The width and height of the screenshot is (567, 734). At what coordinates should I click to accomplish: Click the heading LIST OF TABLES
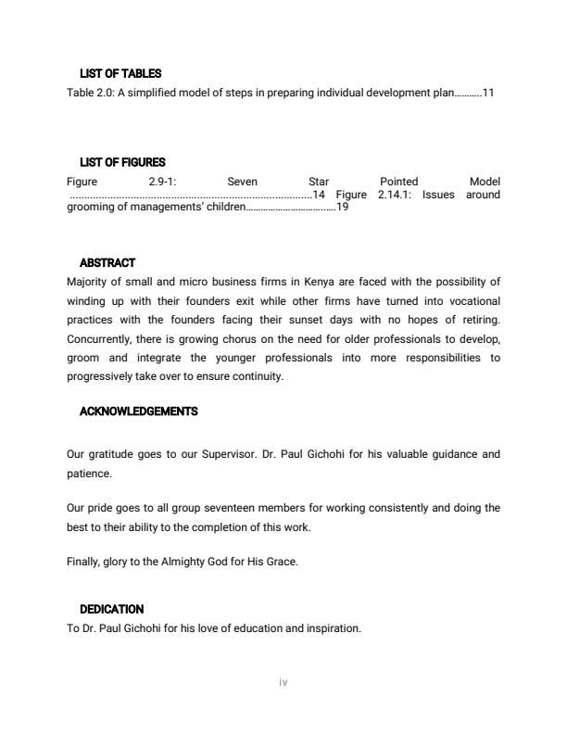pyautogui.click(x=120, y=73)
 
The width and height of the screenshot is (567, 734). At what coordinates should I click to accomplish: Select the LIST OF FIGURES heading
pyautogui.click(x=122, y=162)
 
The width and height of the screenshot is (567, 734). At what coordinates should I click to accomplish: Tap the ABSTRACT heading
pyautogui.click(x=107, y=263)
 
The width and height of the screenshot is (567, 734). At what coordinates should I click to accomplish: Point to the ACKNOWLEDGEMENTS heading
pyautogui.click(x=138, y=411)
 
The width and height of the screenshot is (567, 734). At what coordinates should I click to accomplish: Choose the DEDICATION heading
pyautogui.click(x=111, y=609)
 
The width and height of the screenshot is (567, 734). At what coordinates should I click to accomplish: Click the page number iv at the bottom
pyautogui.click(x=283, y=682)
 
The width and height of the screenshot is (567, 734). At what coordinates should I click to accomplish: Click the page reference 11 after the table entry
pyautogui.click(x=488, y=94)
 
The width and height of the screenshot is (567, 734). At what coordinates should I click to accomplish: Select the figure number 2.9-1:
pyautogui.click(x=162, y=182)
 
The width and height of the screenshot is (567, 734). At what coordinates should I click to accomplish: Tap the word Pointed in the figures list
pyautogui.click(x=398, y=182)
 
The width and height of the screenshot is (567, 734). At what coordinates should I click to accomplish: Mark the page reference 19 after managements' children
pyautogui.click(x=342, y=208)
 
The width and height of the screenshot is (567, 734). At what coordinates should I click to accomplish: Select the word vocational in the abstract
pyautogui.click(x=471, y=301)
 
